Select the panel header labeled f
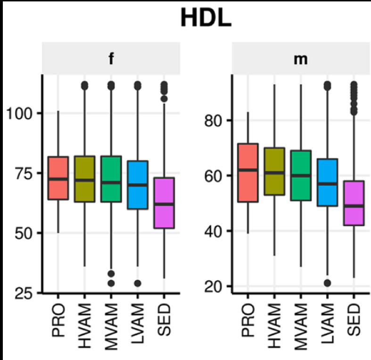pyautogui.click(x=111, y=60)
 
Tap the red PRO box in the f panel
pyautogui.click(x=58, y=178)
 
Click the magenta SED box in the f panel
pyautogui.click(x=164, y=203)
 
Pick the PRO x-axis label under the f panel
pyautogui.click(x=58, y=320)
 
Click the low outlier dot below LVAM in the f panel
pyautogui.click(x=138, y=283)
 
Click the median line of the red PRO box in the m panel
pyautogui.click(x=247, y=170)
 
